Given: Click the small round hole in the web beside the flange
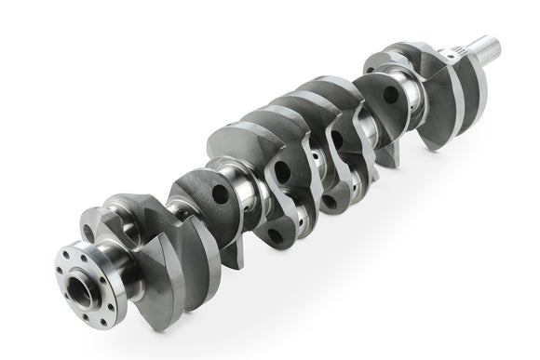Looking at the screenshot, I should (x=88, y=233).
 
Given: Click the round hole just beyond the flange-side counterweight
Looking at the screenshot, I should (x=219, y=194).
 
